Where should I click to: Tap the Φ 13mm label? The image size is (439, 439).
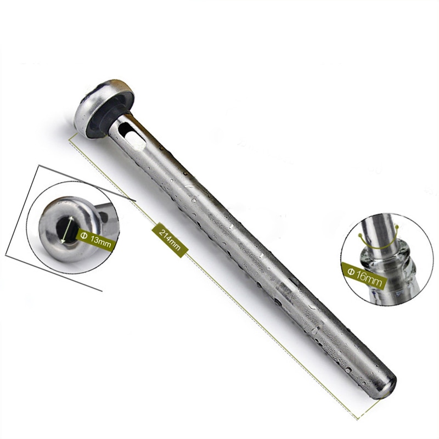point(96,237)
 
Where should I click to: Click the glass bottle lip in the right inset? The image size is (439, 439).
point(379,257)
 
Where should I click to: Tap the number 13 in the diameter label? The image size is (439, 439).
point(95,238)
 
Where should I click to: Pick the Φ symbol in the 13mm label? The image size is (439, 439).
point(83,235)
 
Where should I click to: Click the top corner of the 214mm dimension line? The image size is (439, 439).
point(70,137)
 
